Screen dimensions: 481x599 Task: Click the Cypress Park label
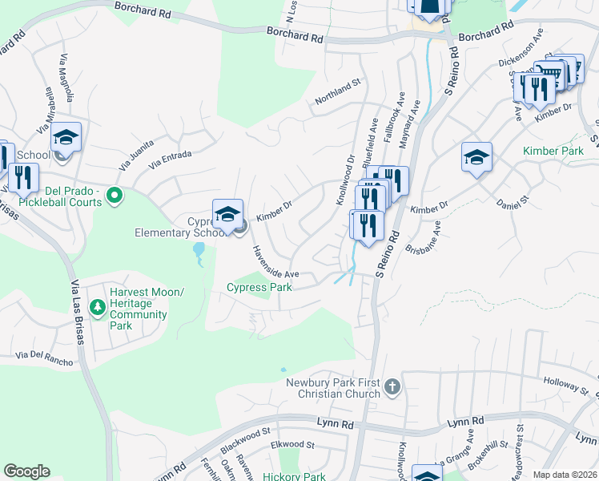[259, 287]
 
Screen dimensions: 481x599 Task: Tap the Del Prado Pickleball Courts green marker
[114, 194]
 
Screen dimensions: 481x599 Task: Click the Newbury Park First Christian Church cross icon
[392, 387]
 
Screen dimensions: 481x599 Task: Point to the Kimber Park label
[553, 151]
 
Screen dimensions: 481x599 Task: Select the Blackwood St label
[244, 434]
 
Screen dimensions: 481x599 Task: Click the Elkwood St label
[292, 444]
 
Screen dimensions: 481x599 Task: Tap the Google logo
[26, 471]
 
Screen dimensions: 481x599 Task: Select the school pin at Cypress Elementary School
[227, 212]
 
